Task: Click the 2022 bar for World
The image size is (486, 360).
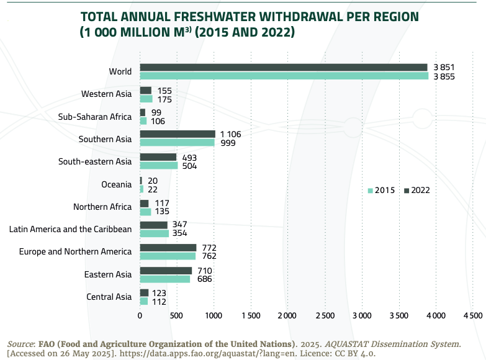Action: point(284,67)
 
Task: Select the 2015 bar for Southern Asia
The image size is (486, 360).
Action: point(177,143)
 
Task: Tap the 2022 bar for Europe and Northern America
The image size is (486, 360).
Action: point(168,248)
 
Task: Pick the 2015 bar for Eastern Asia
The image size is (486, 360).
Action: point(165,279)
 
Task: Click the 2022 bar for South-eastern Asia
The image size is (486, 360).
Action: point(158,157)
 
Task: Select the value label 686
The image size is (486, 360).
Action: point(205,279)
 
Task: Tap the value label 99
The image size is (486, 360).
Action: point(156,112)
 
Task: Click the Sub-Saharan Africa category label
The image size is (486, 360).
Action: point(95,117)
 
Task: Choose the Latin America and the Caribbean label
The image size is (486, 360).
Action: point(70,229)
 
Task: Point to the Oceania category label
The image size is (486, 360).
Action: point(117,184)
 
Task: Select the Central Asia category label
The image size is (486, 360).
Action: point(109,297)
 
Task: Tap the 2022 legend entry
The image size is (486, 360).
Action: point(417,191)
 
